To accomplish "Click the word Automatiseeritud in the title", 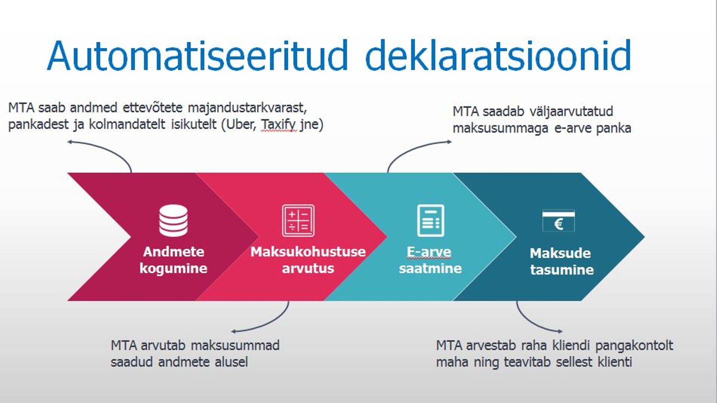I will pos(197,56).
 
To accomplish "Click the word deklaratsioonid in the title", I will pos(498,56).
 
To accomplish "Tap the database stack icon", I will pos(173,220).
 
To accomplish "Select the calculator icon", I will pos(298,220).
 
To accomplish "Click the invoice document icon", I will pos(431,220).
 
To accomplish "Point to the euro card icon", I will pos(558,221).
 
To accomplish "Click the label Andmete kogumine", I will pos(173,260).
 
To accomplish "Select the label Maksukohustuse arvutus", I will pos(308,260).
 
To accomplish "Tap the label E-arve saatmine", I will pos(430,260).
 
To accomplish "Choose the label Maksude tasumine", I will pos(561,261).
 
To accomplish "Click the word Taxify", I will pos(278,124).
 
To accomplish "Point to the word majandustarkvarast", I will pos(247,108).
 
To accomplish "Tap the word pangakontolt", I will pos(634,345).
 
